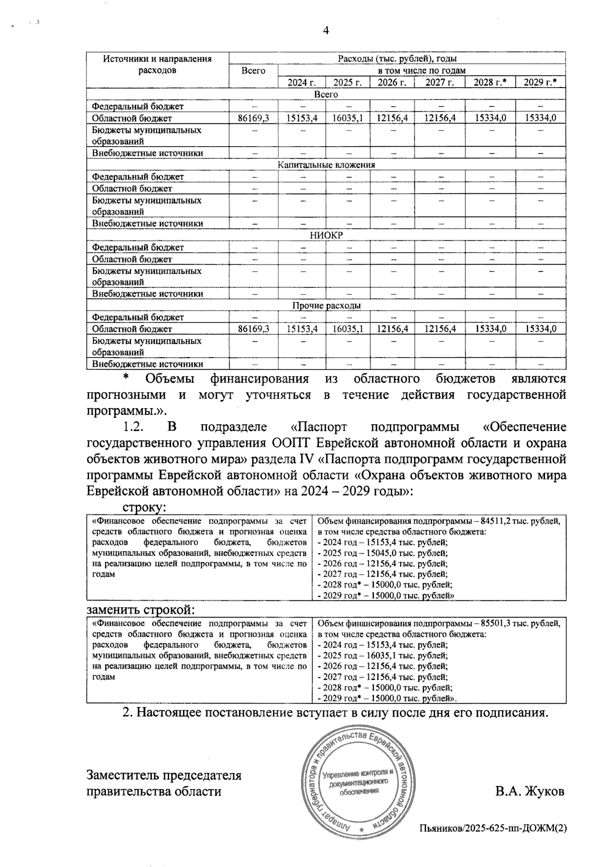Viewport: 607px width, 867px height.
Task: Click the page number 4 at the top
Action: point(326,31)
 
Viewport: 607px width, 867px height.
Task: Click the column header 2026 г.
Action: point(392,82)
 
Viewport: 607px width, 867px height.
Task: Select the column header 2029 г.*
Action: point(540,82)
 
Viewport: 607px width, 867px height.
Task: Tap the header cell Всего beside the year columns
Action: point(253,71)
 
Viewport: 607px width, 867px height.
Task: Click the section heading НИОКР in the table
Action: point(326,235)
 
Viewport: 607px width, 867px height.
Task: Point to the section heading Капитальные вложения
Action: point(326,165)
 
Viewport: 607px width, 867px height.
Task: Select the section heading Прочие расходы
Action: point(326,306)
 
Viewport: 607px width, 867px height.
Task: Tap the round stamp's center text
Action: point(359,782)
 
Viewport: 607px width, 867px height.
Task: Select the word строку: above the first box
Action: point(145,507)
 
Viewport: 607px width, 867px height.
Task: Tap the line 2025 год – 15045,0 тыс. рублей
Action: point(382,553)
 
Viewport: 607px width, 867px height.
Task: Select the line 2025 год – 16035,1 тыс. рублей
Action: point(382,656)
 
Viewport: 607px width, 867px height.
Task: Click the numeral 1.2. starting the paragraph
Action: point(135,427)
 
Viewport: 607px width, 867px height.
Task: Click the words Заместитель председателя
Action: point(164,775)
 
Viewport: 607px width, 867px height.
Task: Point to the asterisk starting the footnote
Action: point(127,378)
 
